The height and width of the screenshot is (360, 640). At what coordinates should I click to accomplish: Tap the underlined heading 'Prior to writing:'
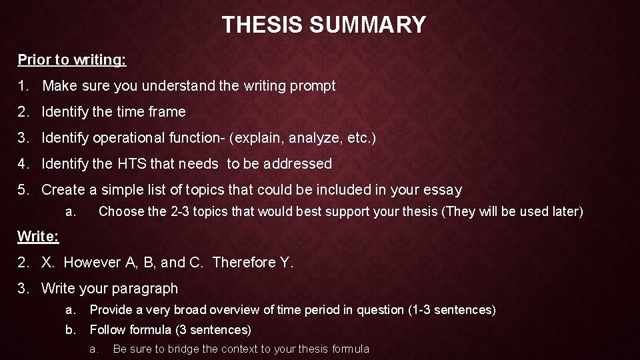coord(72,60)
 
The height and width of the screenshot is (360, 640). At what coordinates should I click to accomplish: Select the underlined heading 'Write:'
coord(38,237)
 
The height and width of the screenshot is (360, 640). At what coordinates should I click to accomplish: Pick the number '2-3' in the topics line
coord(183,212)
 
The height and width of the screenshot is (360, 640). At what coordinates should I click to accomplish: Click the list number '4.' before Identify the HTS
coord(24,164)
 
